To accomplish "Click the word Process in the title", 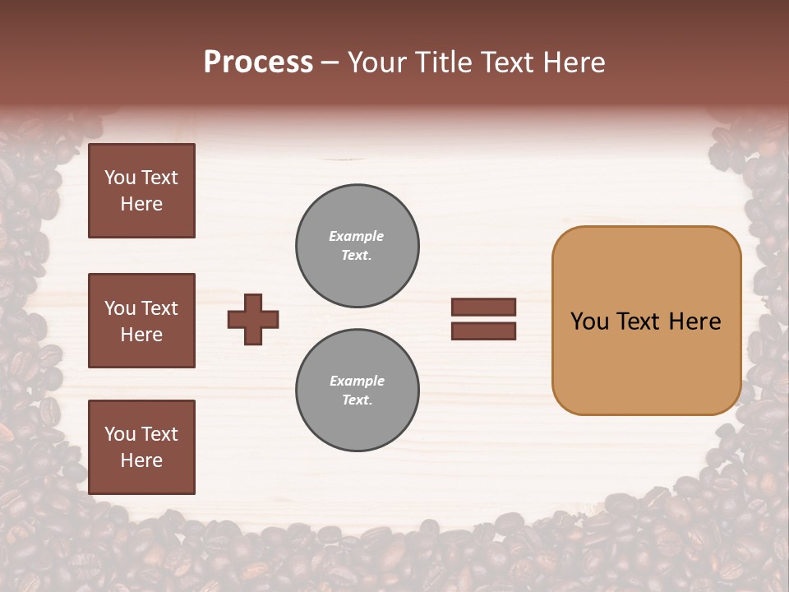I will (x=258, y=62).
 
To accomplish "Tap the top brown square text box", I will (x=141, y=191).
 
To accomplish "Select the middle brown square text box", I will (x=141, y=321).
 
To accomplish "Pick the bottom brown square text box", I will (x=141, y=447).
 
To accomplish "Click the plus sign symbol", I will (x=253, y=319).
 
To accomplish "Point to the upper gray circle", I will (x=358, y=246).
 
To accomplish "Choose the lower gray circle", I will (x=358, y=391).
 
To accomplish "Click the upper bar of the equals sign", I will (x=483, y=307).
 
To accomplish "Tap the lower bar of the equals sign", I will (x=483, y=331).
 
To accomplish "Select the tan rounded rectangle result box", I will (x=646, y=362).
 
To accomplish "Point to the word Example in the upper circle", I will (x=356, y=236).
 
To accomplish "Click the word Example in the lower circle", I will (x=357, y=381).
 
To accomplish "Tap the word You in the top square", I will (x=120, y=178).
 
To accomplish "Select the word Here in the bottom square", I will (x=141, y=460).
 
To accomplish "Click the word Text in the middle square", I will (x=159, y=308).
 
